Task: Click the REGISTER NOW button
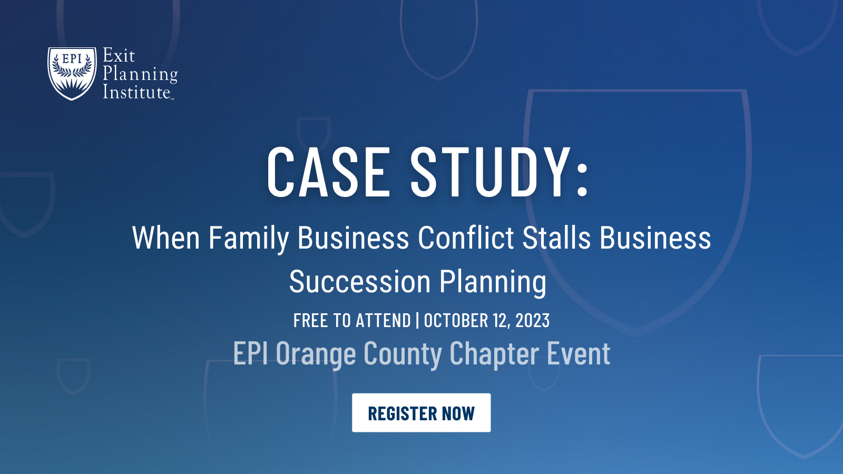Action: click(x=421, y=413)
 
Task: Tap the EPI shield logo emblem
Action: click(x=72, y=73)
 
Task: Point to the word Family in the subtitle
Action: click(x=249, y=238)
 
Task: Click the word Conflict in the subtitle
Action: click(x=466, y=238)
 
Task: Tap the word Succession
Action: click(x=360, y=282)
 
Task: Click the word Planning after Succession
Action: click(x=493, y=282)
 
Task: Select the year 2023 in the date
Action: click(x=532, y=320)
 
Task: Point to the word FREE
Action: click(x=310, y=320)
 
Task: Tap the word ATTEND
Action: click(x=383, y=320)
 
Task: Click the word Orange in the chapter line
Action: click(x=316, y=354)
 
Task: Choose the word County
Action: click(x=403, y=354)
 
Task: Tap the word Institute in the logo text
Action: click(x=136, y=92)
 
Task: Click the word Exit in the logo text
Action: click(x=119, y=55)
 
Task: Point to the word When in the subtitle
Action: click(x=166, y=238)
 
